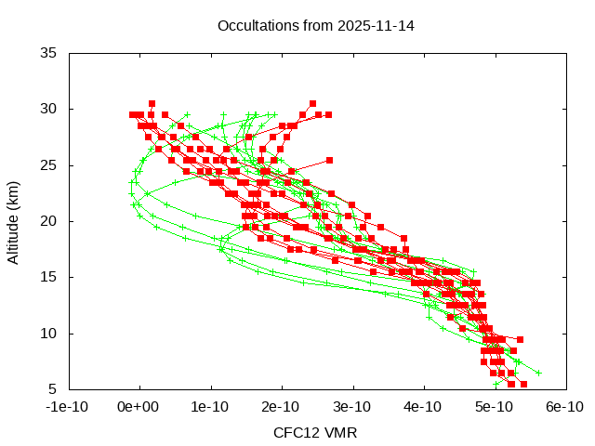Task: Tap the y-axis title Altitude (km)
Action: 14,221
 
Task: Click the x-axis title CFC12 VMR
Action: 315,433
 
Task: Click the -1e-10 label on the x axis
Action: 70,407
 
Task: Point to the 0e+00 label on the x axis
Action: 140,407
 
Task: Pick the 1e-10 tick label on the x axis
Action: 211,407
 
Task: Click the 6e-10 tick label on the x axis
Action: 564,407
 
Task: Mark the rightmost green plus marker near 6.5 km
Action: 538,373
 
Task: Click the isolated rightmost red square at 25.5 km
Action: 329,160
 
